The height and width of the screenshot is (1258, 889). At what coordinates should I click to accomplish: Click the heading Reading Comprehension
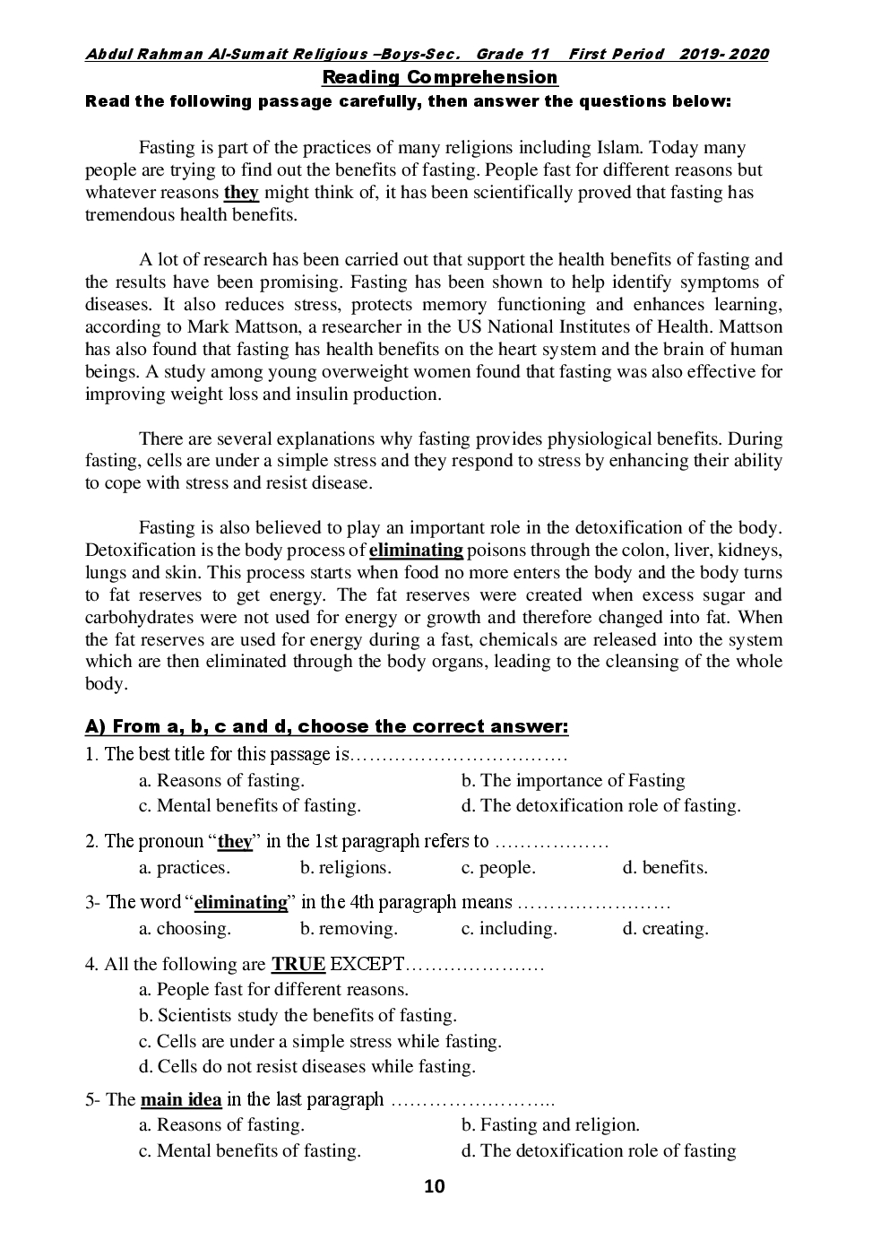point(439,77)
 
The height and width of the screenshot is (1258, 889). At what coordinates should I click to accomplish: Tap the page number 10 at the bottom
point(434,1187)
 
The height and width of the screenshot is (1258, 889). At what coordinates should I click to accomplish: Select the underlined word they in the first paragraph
point(241,193)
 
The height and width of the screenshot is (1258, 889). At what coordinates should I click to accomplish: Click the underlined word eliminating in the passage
point(416,551)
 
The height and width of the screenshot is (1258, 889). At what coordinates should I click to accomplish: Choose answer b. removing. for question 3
point(349,929)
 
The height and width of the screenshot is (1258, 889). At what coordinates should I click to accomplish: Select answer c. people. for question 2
point(498,868)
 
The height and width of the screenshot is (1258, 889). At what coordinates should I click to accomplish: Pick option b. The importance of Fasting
point(573,781)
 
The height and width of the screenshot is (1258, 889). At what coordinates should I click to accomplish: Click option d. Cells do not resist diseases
point(307,1067)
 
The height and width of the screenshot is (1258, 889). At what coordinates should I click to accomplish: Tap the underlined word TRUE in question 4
point(298,965)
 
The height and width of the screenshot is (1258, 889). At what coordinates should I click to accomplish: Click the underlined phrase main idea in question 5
point(181,1099)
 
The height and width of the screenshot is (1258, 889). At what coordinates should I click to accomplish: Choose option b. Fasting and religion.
point(550,1125)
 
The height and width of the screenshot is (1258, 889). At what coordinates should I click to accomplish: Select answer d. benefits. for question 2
point(665,868)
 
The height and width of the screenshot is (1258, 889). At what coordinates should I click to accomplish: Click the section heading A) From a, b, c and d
point(326,726)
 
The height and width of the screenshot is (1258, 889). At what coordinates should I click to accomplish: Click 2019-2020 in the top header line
point(723,55)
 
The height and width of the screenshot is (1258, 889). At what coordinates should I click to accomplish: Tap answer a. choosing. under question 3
point(185,929)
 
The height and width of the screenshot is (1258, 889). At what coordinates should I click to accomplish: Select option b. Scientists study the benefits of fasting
point(298,1016)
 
